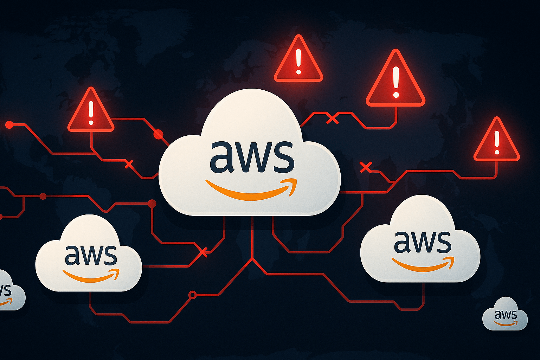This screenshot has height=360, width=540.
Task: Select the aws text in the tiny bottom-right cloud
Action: point(506,314)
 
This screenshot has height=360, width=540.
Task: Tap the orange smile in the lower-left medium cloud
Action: point(91,276)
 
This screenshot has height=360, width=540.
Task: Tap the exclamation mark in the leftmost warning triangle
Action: point(91,113)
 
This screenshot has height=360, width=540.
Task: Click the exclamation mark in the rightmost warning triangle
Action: point(497,142)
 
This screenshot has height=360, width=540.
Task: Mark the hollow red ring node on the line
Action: point(192,295)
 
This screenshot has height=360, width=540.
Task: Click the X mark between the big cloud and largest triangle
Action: point(333,119)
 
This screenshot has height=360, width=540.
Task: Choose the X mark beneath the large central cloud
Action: point(202,252)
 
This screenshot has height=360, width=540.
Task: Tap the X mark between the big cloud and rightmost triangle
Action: point(366,167)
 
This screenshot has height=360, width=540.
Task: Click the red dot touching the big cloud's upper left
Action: point(159,134)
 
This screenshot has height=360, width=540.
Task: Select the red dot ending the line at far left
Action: point(9,125)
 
